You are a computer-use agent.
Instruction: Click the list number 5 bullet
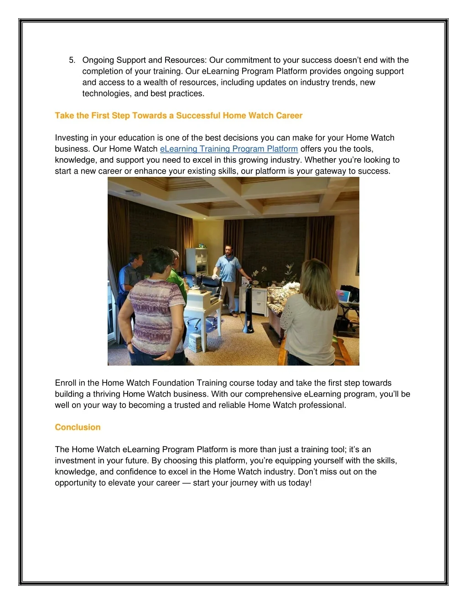tap(72, 60)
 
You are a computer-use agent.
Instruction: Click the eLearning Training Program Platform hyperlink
tap(228, 149)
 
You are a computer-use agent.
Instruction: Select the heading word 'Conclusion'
tap(78, 428)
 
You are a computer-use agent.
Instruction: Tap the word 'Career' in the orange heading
tap(289, 116)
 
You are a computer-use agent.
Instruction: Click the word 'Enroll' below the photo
tap(65, 383)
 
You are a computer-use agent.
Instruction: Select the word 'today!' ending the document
tap(300, 483)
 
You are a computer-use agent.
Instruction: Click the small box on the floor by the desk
tap(195, 341)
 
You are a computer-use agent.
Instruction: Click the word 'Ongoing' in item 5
tap(98, 60)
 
